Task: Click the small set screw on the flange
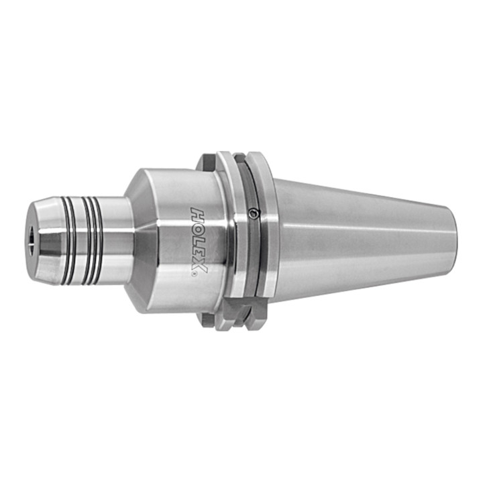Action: pos(254,213)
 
